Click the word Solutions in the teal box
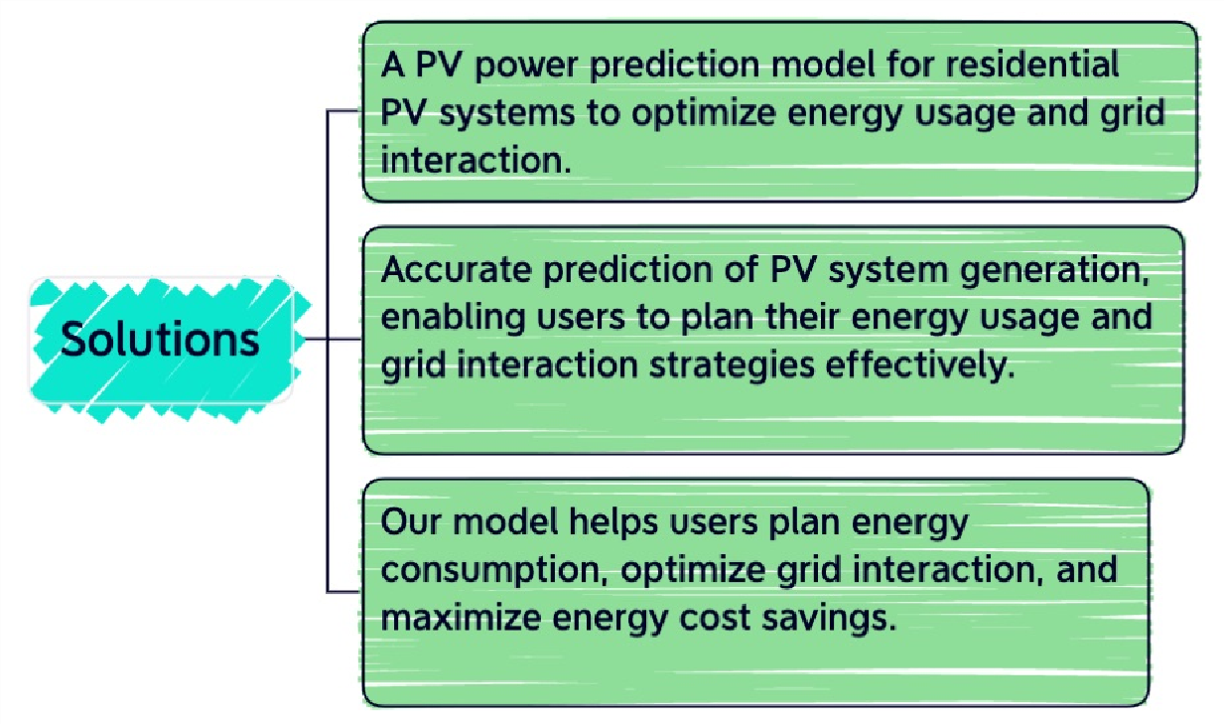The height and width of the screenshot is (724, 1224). pos(160,340)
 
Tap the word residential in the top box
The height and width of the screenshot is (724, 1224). pos(1032,64)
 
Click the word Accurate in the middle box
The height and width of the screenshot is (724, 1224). pos(457,269)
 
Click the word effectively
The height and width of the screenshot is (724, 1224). pos(920,365)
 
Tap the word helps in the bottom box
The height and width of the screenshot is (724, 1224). pos(613,523)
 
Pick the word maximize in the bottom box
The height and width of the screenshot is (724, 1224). pos(461,618)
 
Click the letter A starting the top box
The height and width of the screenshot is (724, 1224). pos(393,66)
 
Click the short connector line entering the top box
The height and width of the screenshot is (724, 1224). pos(343,111)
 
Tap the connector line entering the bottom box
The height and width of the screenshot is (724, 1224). pos(343,592)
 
